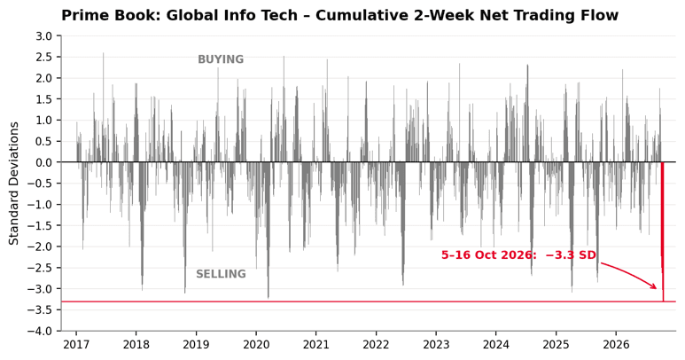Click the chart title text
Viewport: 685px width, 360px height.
pos(339,15)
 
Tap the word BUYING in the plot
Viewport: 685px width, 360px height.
pos(221,59)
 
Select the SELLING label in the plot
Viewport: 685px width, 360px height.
pos(221,274)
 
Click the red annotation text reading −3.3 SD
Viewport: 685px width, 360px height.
pos(571,255)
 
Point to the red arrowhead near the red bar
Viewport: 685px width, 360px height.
pos(654,286)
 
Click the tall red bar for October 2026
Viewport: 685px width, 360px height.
pos(663,231)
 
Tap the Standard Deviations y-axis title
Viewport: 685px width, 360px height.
pos(14,184)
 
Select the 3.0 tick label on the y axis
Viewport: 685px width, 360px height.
pos(43,36)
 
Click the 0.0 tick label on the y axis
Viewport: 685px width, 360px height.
pos(43,162)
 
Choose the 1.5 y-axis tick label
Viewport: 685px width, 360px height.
pos(43,99)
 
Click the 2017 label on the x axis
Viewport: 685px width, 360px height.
pos(76,345)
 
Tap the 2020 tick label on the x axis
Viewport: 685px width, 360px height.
pos(256,345)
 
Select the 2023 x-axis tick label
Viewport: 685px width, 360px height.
pos(436,345)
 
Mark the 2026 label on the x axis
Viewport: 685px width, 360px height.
pos(616,345)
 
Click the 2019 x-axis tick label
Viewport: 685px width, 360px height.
pos(196,345)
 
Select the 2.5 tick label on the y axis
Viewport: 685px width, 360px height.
pos(43,58)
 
